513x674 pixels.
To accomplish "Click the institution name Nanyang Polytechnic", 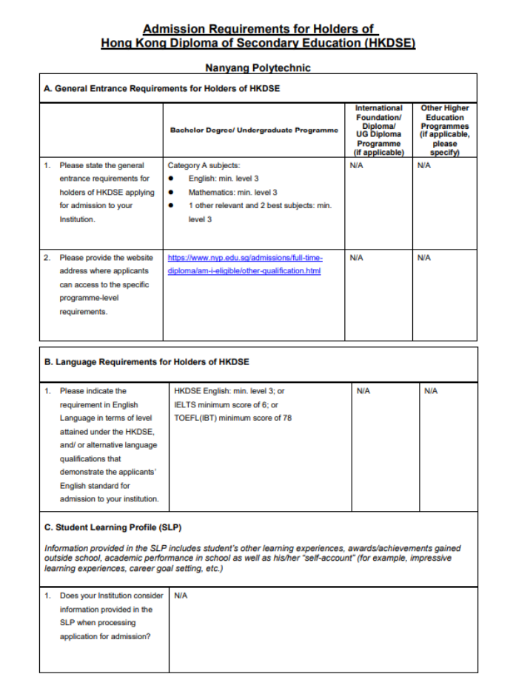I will [258, 67].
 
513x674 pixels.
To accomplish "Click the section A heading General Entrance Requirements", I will [161, 89].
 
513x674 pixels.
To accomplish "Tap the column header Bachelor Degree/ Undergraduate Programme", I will [254, 130].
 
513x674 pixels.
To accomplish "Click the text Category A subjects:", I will [204, 165].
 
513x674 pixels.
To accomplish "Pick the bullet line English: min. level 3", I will [224, 178].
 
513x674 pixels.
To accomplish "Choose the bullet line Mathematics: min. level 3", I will [232, 192].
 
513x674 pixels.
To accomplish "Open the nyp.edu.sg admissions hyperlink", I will [245, 264].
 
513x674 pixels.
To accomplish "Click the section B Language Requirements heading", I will [147, 362].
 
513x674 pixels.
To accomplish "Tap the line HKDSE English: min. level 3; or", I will [229, 390].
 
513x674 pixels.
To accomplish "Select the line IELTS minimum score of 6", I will [226, 404].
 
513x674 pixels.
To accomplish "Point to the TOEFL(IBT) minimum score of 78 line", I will [232, 418].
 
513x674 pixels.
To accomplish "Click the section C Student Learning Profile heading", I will [113, 527].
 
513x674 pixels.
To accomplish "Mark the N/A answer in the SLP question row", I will [180, 595].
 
